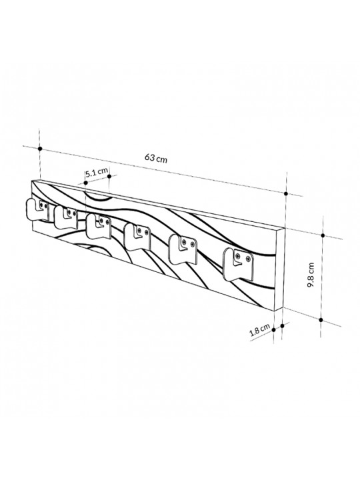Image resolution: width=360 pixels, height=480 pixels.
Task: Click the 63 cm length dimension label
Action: [156, 158]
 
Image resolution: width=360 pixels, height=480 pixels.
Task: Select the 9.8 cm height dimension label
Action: [311, 275]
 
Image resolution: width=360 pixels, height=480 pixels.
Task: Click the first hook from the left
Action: [37, 209]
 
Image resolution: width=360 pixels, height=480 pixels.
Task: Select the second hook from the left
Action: [65, 217]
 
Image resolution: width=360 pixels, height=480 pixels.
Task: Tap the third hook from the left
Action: [98, 226]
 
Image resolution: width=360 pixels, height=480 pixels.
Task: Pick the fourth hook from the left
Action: [137, 236]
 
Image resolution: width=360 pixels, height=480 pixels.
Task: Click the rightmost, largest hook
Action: [239, 264]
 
